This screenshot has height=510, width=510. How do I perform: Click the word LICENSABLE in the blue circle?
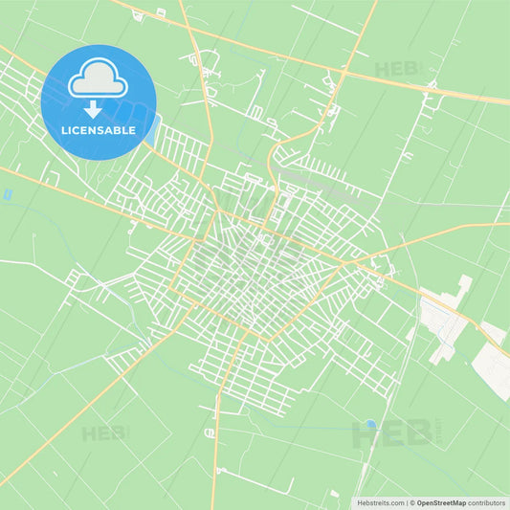tap(98, 130)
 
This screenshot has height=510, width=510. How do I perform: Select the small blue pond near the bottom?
tap(370, 424)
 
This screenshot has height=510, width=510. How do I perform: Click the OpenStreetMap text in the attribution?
tap(440, 501)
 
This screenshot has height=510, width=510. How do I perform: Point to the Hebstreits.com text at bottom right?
tap(380, 501)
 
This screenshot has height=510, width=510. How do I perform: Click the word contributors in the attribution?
tap(487, 501)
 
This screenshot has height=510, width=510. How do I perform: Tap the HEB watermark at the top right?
tap(396, 69)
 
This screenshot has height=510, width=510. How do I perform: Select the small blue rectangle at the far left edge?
tap(7, 194)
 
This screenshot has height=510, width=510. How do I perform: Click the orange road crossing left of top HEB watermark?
tap(344, 70)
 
